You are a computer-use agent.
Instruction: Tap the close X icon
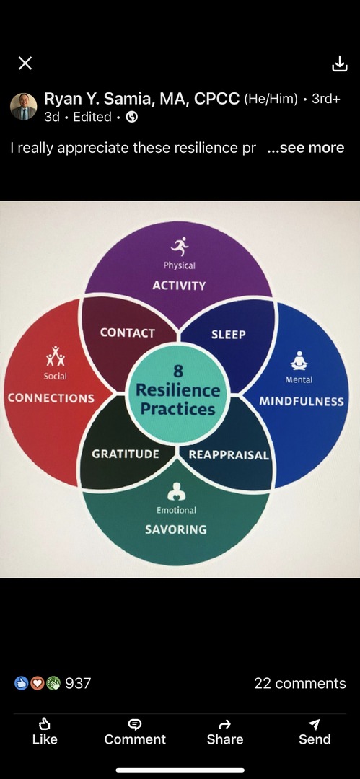[25, 63]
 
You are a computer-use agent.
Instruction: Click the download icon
[340, 63]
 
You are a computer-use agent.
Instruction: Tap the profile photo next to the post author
[23, 106]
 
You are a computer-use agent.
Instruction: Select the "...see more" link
[305, 148]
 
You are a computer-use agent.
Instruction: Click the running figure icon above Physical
[180, 245]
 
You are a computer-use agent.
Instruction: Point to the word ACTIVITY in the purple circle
[179, 286]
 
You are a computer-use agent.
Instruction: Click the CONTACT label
[127, 333]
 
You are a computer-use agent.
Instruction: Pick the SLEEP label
[228, 335]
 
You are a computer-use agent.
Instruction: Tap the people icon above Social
[56, 356]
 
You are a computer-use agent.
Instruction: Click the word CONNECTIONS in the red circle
[51, 398]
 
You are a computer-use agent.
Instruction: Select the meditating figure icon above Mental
[299, 360]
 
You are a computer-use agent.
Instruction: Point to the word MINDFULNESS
[302, 401]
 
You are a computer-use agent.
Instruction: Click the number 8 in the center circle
[178, 371]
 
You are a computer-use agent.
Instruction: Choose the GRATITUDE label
[126, 454]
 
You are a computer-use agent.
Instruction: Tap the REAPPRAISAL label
[229, 454]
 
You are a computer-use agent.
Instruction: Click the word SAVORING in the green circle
[175, 529]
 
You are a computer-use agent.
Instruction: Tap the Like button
[45, 731]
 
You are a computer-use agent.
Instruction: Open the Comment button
[135, 731]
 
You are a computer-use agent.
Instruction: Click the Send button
[315, 731]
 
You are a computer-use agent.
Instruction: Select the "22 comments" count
[300, 683]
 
